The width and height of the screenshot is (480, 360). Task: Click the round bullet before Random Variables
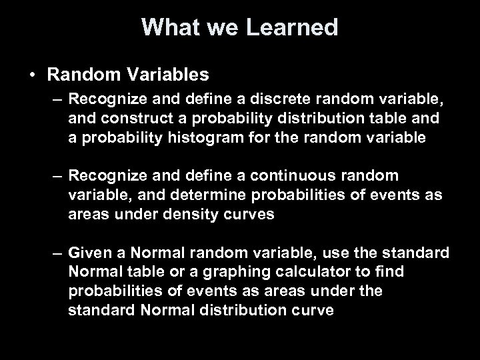click(33, 73)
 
